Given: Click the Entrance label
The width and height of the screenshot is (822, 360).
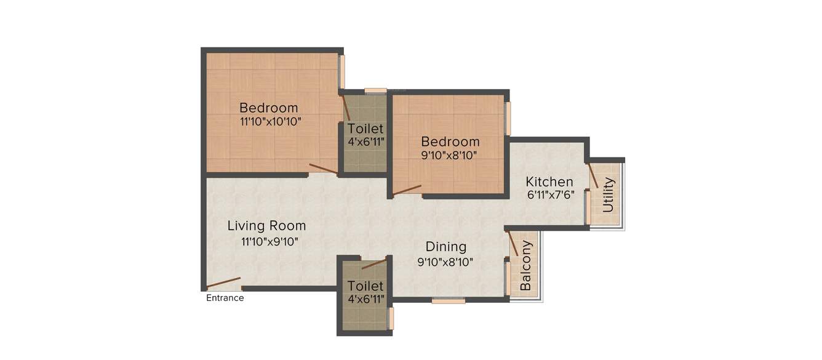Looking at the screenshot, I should coord(225,298).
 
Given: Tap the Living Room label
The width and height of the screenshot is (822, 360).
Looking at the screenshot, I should coord(266,226).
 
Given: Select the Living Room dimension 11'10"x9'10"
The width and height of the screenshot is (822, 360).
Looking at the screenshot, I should coord(270,242).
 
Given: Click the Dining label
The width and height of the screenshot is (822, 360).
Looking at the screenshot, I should coord(446,247).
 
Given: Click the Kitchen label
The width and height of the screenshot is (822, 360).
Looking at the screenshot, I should coord(549,182).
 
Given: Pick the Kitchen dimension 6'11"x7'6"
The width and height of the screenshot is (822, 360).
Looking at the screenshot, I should coord(550,196).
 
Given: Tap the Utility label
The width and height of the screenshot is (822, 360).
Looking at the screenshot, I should coord(609,194).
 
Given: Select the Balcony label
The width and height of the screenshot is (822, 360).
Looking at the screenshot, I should coord(526,265).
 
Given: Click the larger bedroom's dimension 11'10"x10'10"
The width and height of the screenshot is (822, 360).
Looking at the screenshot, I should coord(270,122).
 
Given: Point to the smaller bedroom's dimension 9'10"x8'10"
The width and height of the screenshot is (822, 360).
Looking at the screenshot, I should coord(449,156).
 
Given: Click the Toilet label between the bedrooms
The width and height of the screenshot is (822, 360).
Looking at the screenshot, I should coord(365,129).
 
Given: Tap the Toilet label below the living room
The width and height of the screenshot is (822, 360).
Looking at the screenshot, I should coord(365,286).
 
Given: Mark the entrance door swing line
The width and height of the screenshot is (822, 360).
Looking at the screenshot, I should coord(223,283).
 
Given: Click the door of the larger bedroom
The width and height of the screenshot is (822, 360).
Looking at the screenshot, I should coord(322,169).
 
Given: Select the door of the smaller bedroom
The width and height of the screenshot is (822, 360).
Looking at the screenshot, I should coord(407,190).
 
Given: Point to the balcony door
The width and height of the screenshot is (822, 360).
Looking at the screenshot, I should coord(512,244).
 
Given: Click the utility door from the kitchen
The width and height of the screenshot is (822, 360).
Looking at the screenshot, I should coord(593,176).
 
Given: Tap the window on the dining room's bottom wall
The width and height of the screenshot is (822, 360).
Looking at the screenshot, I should coord(448,301).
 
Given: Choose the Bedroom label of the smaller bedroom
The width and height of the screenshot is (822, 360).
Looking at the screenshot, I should coord(450,142).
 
